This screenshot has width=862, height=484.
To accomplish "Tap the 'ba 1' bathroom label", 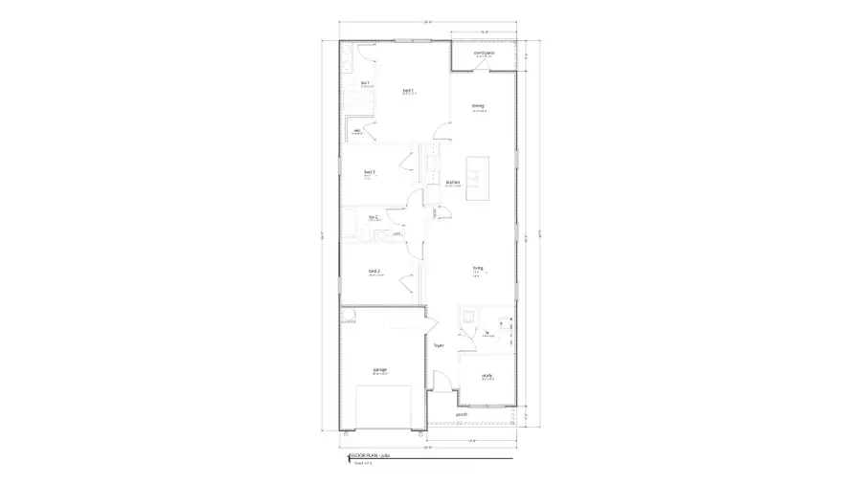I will (x=365, y=83).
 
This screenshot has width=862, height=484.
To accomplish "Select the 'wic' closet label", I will (x=357, y=131).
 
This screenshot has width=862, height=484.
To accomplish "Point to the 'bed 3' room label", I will (x=369, y=172).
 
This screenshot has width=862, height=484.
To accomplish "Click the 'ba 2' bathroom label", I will (x=373, y=217).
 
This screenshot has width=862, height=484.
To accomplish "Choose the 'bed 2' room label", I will (x=374, y=272).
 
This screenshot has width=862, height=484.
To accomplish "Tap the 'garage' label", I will (x=380, y=369).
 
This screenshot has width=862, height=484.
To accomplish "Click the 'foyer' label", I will (x=439, y=345).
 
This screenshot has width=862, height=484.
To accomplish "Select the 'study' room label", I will (x=488, y=376).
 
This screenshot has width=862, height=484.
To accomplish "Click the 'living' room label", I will (x=476, y=268).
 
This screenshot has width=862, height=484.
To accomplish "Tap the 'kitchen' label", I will (x=453, y=182).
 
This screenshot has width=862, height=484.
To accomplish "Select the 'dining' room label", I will (x=477, y=105).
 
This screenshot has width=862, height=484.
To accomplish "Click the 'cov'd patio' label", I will (x=484, y=53).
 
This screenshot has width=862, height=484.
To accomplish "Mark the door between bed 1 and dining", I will (x=440, y=130).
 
